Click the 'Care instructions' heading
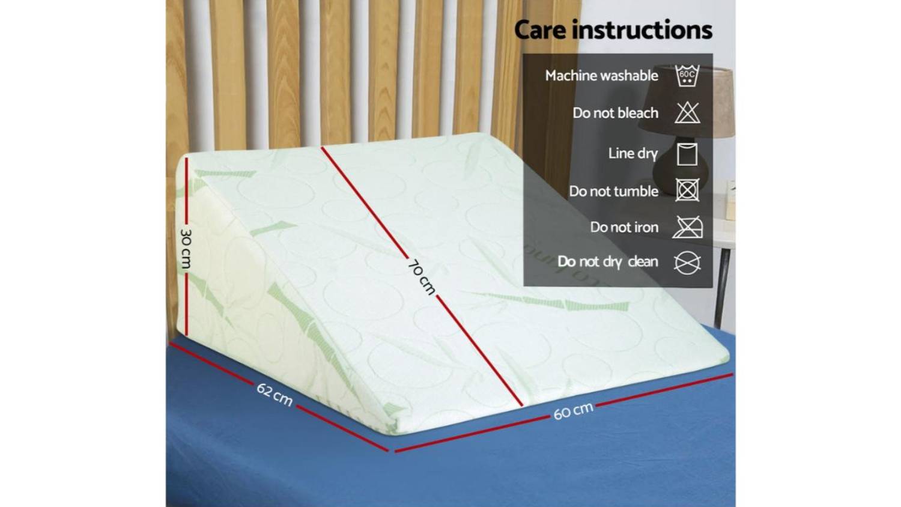(x=613, y=30)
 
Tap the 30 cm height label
(x=186, y=248)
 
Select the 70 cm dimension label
(x=422, y=278)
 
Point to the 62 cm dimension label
(x=275, y=394)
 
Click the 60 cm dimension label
(x=573, y=410)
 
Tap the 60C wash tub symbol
(x=687, y=76)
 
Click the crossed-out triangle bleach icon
(x=687, y=113)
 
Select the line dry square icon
(x=687, y=154)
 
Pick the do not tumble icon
(x=687, y=190)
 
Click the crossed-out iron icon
(x=687, y=227)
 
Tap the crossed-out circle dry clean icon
(x=687, y=263)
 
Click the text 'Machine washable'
(x=602, y=76)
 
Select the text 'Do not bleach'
(x=616, y=113)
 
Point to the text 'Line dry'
(x=633, y=153)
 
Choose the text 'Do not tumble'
(x=614, y=191)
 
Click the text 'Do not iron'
(x=624, y=227)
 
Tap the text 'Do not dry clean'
(x=608, y=262)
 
